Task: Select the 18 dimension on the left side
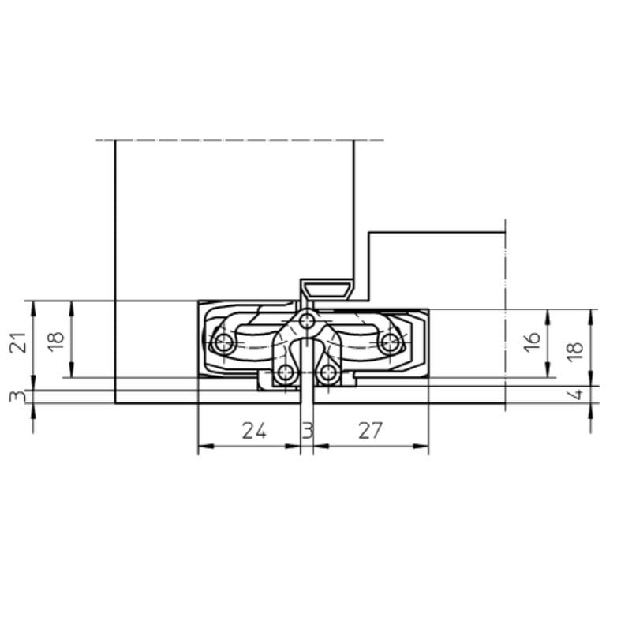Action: click(x=55, y=341)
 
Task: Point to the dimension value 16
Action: click(x=533, y=341)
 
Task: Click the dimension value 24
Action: click(x=253, y=431)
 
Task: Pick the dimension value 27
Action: click(x=370, y=431)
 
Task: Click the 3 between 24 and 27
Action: click(x=308, y=431)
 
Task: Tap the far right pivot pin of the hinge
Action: click(x=389, y=343)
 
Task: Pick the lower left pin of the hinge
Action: click(x=286, y=372)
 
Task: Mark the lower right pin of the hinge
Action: click(x=328, y=372)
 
